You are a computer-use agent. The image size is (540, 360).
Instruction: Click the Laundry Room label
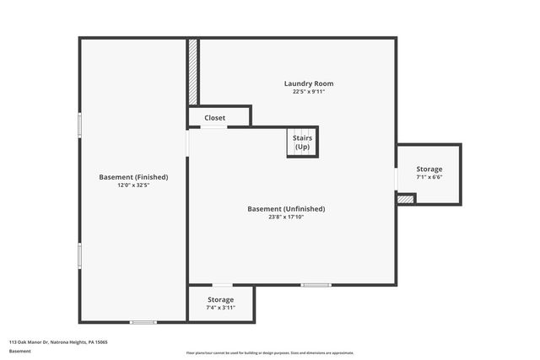coord(308,83)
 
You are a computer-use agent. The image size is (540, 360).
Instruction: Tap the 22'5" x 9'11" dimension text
coord(308,92)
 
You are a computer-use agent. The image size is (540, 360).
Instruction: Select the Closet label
coord(215,118)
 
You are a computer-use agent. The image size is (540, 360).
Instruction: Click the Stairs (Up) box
coord(302,142)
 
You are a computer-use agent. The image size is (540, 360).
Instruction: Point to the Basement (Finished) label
coord(133,177)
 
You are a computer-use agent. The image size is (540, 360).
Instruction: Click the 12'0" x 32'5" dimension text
coord(133,185)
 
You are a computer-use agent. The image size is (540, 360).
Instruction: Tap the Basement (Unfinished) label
coord(286,209)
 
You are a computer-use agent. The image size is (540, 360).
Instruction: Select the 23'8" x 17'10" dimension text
coord(286,218)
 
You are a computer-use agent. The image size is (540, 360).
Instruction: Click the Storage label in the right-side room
coord(429,169)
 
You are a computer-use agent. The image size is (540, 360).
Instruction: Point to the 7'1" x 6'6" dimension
coord(429,178)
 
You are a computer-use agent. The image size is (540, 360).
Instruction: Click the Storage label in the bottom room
coord(220,299)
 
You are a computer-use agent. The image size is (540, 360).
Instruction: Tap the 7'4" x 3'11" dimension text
coord(220,308)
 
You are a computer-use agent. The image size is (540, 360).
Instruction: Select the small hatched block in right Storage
coord(406,199)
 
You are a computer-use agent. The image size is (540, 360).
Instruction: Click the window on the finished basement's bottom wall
coord(143,322)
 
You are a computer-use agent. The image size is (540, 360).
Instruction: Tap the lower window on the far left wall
coord(79,255)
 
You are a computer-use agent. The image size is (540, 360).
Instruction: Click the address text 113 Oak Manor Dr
coord(58,342)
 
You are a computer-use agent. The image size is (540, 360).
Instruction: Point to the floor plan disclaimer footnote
coord(270,353)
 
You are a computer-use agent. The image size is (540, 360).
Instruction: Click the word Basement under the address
coord(19,351)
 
